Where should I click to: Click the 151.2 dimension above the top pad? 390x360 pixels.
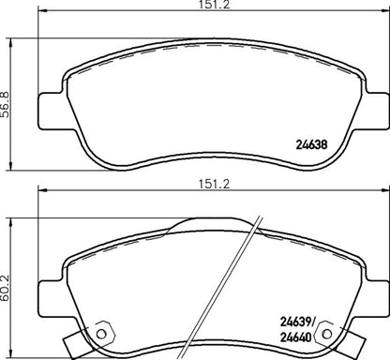coord(194,7)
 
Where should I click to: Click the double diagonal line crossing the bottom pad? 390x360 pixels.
coord(242,281)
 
